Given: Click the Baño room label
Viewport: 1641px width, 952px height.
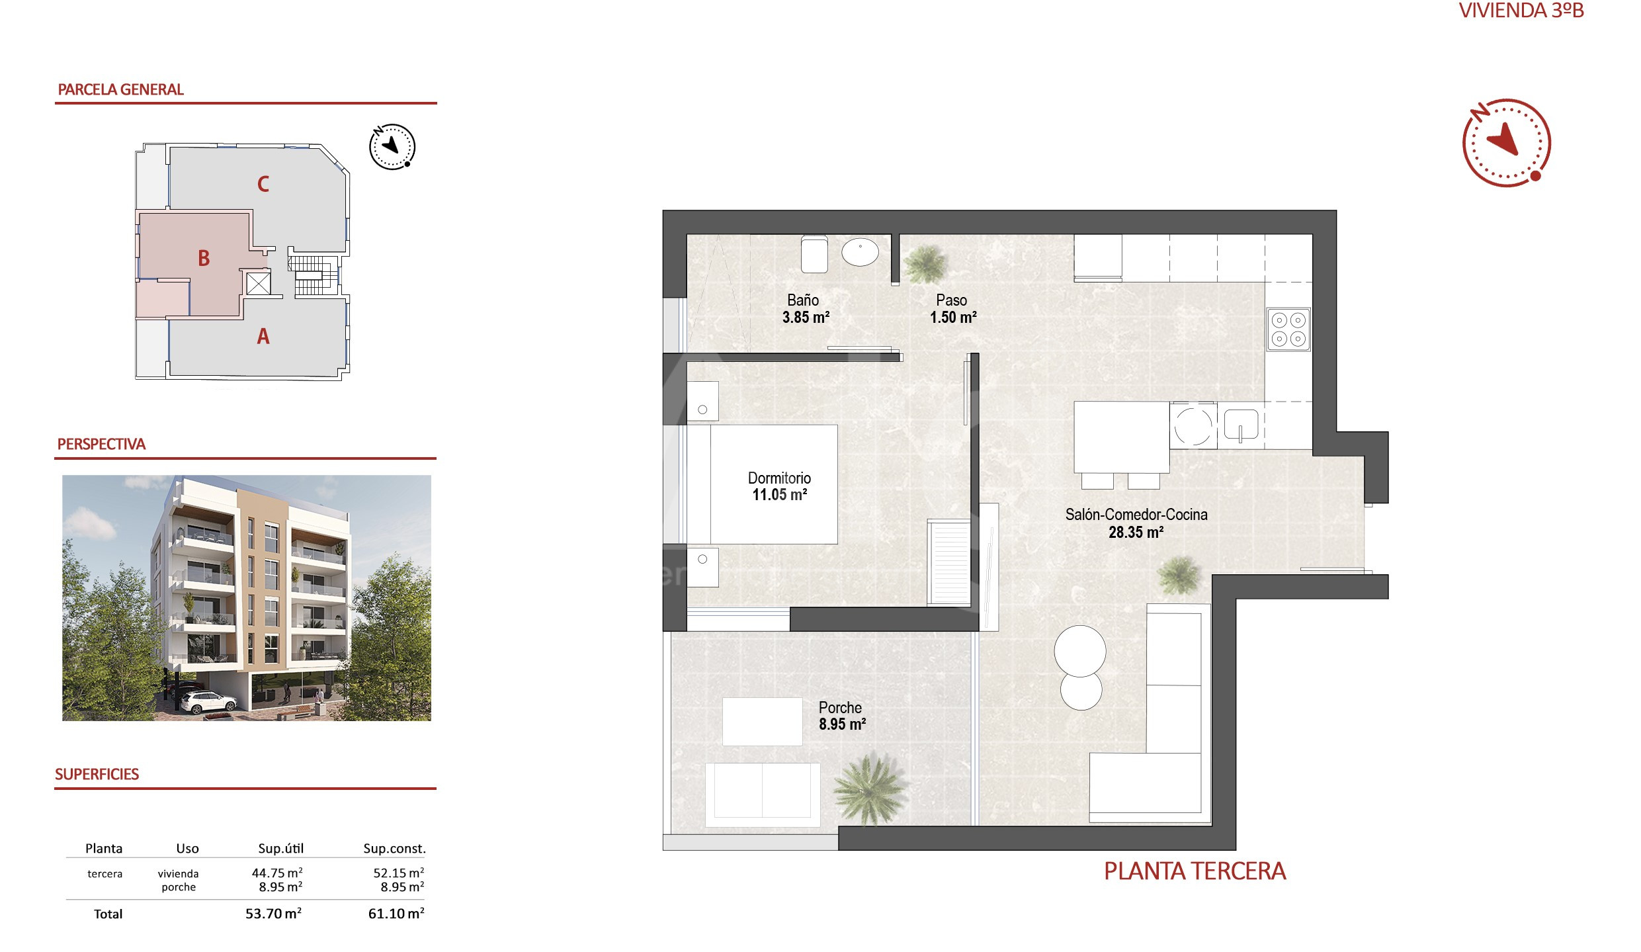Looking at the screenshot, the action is point(802,300).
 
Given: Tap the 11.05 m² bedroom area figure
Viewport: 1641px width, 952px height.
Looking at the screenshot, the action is point(779,495).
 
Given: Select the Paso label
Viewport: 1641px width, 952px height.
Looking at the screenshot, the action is point(951,300).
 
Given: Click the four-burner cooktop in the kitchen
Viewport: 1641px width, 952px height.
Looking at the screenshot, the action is point(1288,329).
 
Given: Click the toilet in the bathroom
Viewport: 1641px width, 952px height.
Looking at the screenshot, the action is point(814,254).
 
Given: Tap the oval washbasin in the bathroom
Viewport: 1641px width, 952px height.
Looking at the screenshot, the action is point(860,252).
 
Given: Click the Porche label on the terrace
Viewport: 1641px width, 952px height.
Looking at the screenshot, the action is point(840,707).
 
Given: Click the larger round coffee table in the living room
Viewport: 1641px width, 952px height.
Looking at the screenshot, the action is point(1079,651).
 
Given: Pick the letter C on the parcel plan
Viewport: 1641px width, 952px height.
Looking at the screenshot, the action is point(263,184).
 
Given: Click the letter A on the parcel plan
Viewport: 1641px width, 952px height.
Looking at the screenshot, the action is point(263,337).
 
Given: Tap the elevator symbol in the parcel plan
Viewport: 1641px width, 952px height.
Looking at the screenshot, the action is point(258,284).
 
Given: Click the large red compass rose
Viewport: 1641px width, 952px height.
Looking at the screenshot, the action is point(1506,143).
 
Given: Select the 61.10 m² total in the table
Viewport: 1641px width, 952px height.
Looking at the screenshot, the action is point(396,914).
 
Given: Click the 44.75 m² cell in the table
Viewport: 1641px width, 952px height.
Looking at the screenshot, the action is point(277,873).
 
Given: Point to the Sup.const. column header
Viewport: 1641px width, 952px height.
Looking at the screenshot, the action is point(394,849).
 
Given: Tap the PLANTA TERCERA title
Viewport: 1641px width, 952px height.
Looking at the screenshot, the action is point(1195,871).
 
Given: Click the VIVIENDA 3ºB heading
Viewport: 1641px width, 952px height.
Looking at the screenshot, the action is point(1521,11).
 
